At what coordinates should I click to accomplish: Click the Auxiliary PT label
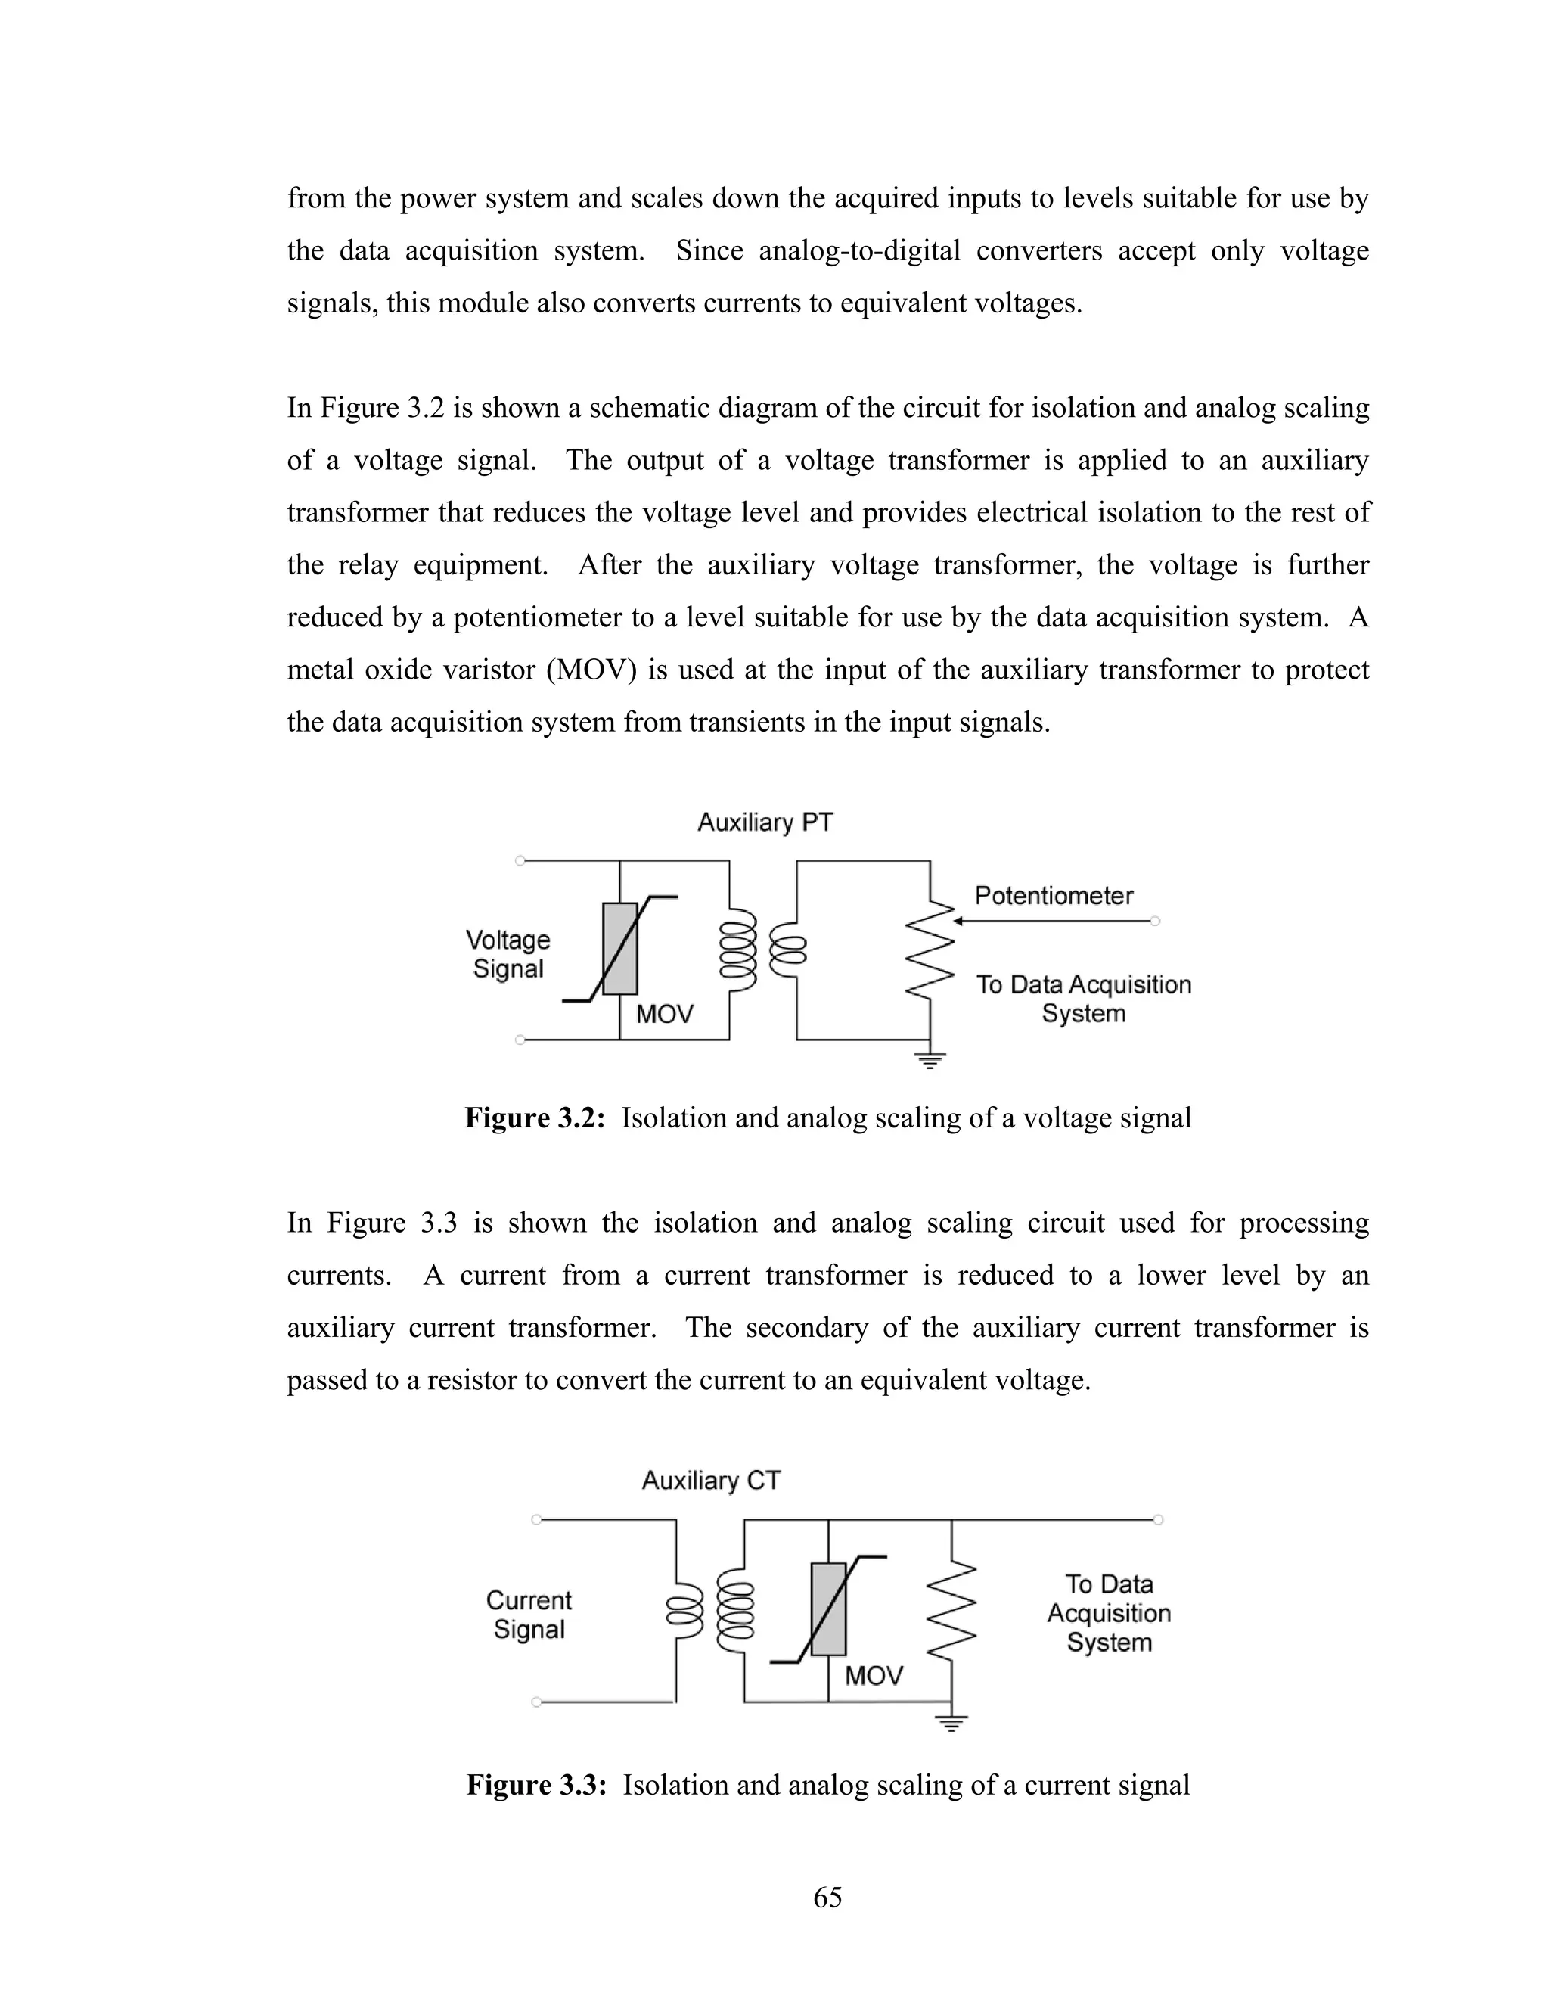(x=765, y=822)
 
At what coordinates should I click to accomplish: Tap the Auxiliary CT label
(x=710, y=1480)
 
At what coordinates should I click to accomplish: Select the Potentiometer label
(x=1054, y=895)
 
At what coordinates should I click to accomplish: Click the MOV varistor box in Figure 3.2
(x=619, y=948)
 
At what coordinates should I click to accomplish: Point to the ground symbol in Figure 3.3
(x=951, y=1723)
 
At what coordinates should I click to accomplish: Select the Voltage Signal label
(x=508, y=954)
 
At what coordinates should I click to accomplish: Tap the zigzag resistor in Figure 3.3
(x=951, y=1609)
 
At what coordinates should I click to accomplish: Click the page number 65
(x=827, y=1897)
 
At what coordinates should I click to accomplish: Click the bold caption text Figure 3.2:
(x=534, y=1118)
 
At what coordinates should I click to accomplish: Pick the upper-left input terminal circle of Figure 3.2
(x=520, y=860)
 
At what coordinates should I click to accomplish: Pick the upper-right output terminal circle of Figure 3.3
(x=1158, y=1519)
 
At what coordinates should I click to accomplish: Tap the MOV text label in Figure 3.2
(x=664, y=1015)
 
